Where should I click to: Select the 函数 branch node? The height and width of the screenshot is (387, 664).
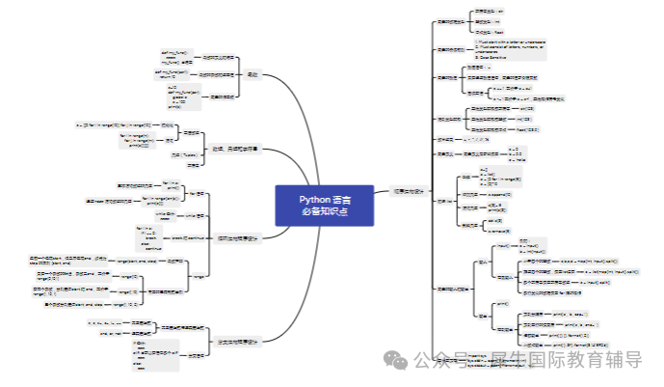(x=253, y=73)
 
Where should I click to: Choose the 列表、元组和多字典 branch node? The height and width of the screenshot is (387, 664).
(x=237, y=149)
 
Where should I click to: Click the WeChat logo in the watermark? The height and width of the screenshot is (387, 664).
(x=395, y=360)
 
